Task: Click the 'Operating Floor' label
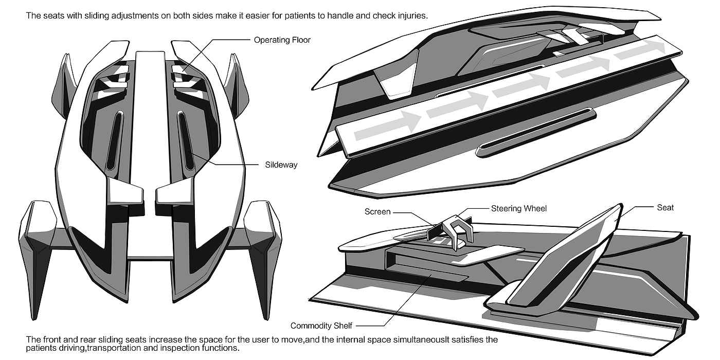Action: pos(282,40)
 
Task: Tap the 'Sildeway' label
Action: pos(281,165)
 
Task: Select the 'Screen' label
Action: pos(377,212)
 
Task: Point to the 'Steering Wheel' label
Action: pos(519,209)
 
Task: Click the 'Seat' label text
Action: pos(665,208)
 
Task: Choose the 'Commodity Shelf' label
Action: pos(321,326)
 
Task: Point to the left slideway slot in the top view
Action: pos(114,141)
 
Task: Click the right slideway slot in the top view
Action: pos(186,141)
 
